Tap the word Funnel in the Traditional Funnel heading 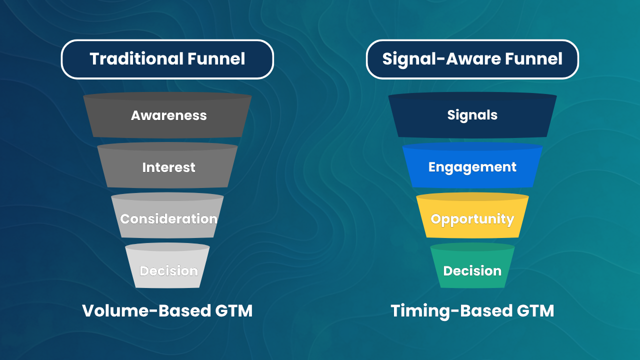[x=217, y=59]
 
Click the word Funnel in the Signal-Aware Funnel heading [x=534, y=59]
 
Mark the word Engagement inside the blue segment [x=472, y=167]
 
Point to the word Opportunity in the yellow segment [x=472, y=219]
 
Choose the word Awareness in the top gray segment [x=168, y=115]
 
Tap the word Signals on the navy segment [x=472, y=115]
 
